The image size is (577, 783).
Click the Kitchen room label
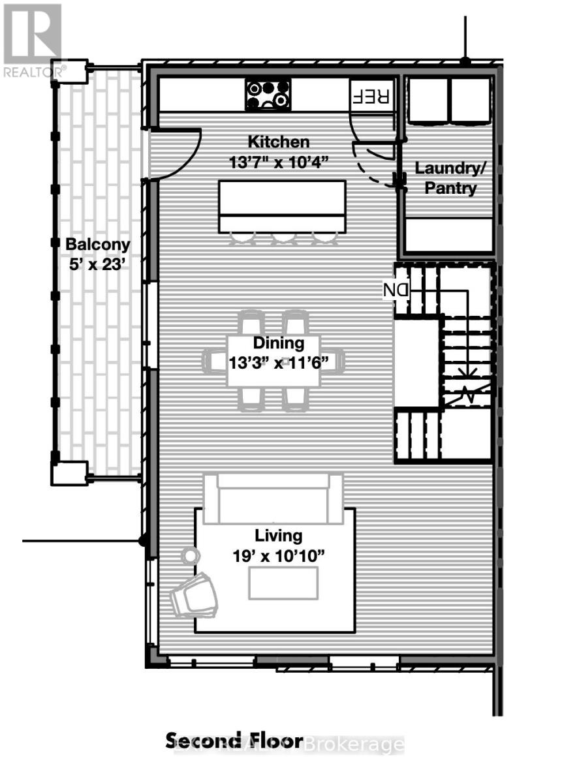click(x=278, y=142)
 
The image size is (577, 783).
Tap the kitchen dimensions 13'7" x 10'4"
click(x=278, y=162)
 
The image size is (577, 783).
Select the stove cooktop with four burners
click(x=268, y=95)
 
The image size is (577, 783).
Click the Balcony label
click(x=98, y=245)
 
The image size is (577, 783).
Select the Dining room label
click(x=279, y=343)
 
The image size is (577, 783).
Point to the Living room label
click(x=279, y=536)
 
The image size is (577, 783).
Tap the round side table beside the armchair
click(x=190, y=556)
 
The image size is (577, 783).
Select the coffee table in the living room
click(x=283, y=583)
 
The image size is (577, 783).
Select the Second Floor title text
click(x=234, y=741)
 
